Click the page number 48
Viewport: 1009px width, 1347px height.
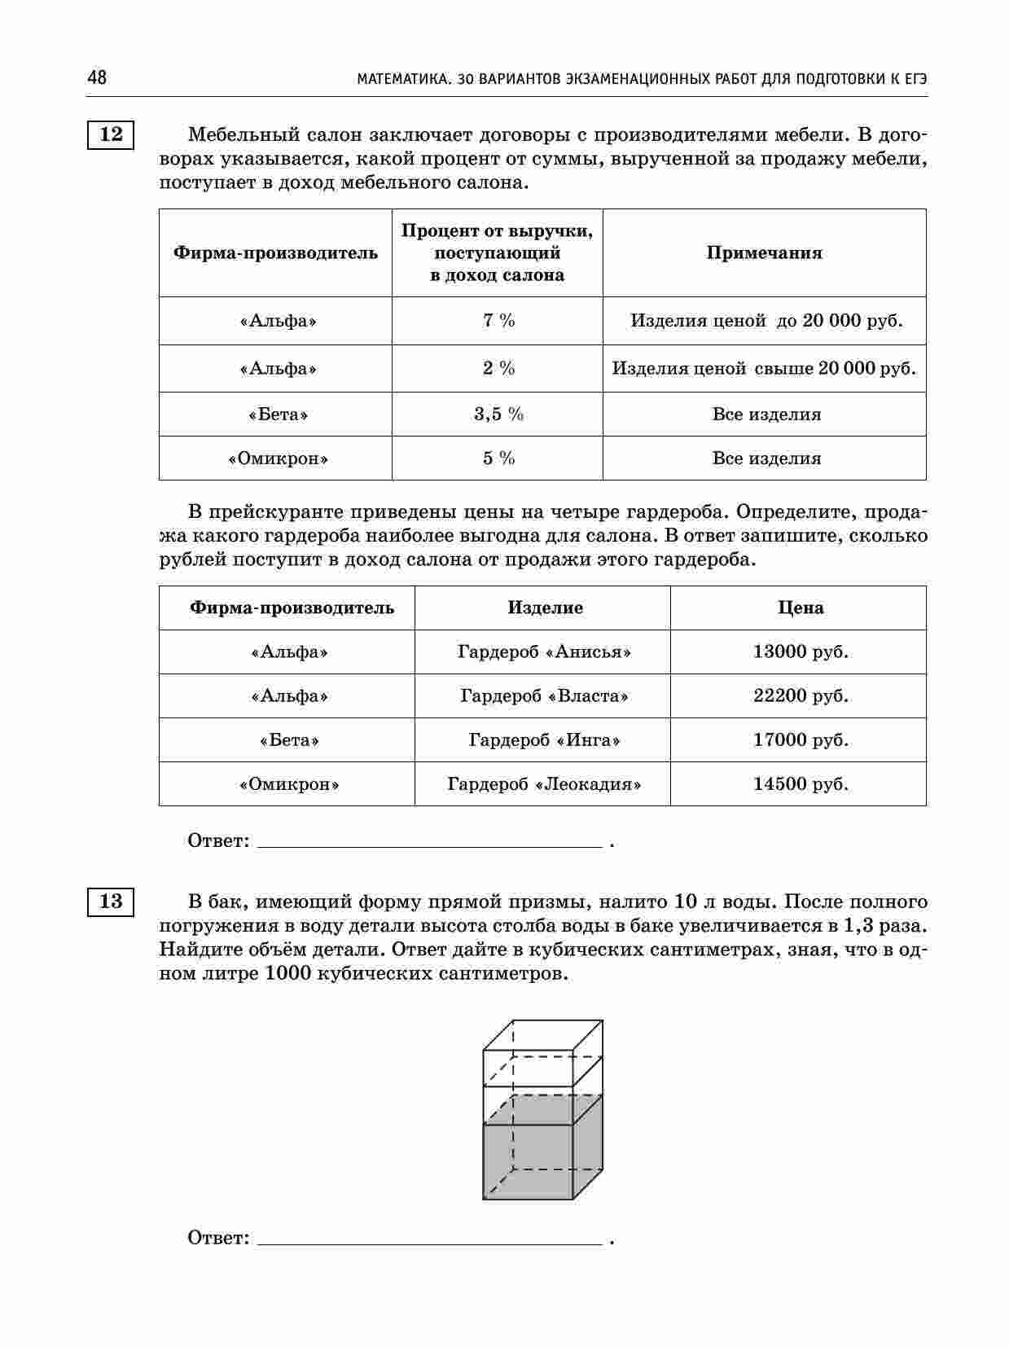click(x=96, y=78)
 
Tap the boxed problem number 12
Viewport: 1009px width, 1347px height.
click(x=111, y=134)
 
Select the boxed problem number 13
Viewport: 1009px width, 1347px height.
click(x=111, y=902)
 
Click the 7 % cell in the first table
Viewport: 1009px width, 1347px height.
click(x=498, y=321)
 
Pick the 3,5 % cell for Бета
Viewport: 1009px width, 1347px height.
click(x=498, y=415)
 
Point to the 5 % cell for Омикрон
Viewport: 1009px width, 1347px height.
click(x=498, y=459)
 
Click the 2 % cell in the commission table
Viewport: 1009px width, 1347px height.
click(x=498, y=369)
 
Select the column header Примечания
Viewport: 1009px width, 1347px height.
click(x=764, y=253)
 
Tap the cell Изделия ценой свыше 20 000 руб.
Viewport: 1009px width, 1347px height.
click(x=764, y=369)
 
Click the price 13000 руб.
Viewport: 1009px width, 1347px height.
click(x=800, y=652)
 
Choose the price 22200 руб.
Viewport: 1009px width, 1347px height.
click(x=800, y=696)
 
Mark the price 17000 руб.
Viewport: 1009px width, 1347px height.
click(x=800, y=740)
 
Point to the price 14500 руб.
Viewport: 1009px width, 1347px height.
click(x=800, y=784)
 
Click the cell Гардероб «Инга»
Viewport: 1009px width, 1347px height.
click(x=544, y=740)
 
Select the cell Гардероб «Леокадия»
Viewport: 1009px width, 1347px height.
click(x=544, y=784)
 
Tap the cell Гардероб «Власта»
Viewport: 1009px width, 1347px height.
click(x=544, y=696)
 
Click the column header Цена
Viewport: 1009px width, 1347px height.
click(x=800, y=608)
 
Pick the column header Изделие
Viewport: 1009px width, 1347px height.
click(x=545, y=608)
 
